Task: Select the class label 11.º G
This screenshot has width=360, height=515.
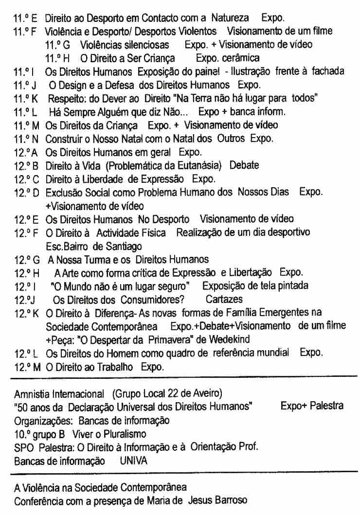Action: coord(57,45)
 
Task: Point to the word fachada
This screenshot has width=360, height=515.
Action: coord(327,71)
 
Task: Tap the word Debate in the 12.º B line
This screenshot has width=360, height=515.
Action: coord(244,165)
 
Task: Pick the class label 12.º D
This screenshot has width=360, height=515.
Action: coord(27,192)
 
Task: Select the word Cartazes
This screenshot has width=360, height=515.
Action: coord(224,299)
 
